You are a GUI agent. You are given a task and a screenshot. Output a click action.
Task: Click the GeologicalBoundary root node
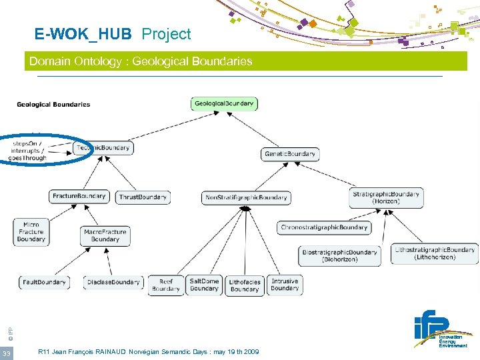225,103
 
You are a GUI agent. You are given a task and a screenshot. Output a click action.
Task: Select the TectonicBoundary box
103,147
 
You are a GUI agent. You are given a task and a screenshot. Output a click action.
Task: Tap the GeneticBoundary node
290,154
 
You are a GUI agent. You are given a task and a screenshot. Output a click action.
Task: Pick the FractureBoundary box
79,196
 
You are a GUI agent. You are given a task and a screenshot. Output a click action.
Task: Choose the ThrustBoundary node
143,197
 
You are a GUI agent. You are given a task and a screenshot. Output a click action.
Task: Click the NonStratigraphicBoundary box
246,197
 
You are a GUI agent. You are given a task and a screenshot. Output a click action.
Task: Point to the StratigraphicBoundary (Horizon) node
386,197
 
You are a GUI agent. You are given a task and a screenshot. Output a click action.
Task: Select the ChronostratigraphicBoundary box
324,227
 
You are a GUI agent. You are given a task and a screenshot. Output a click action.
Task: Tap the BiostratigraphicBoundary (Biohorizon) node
340,255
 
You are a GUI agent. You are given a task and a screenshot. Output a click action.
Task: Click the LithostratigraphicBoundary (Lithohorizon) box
435,253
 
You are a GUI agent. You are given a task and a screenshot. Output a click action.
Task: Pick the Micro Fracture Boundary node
31,232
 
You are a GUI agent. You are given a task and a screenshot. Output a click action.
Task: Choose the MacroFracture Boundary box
105,235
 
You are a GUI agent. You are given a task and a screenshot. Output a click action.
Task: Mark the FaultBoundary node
44,282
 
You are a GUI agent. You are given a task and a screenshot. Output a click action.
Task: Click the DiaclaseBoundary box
113,282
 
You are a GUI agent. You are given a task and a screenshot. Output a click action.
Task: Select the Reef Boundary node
166,285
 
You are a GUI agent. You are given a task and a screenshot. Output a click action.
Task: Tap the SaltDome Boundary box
204,285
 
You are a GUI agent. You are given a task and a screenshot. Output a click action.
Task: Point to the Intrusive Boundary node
285,285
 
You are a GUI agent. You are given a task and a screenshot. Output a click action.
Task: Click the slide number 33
7,353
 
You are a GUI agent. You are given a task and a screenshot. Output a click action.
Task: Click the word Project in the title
166,34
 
